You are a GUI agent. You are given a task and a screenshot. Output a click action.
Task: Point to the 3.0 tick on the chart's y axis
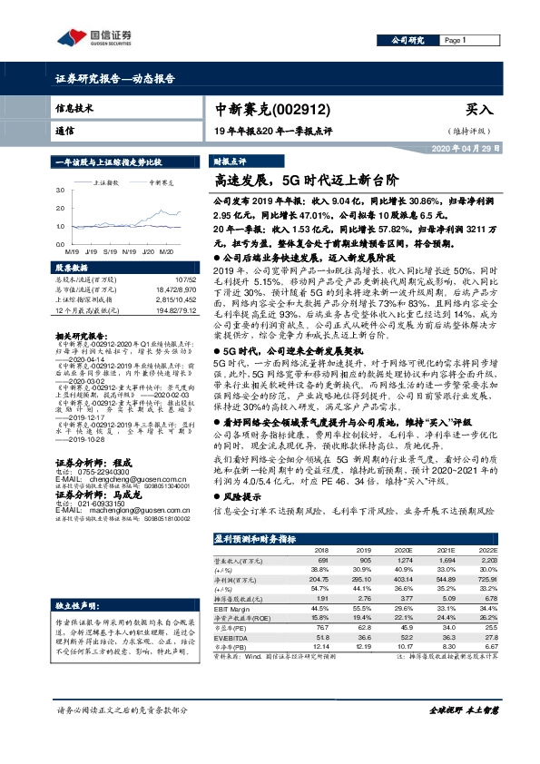60,191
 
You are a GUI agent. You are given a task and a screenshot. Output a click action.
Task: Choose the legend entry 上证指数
108,181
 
